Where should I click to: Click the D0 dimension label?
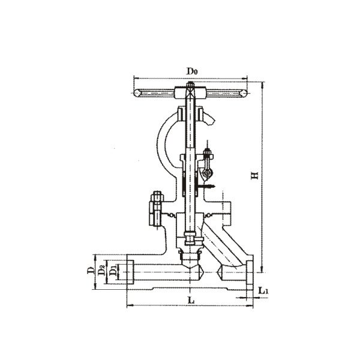192,71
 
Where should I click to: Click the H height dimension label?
254,175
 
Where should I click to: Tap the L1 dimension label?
263,290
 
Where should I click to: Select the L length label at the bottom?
191,300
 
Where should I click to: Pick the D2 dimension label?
101,270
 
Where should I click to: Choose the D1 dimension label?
113,271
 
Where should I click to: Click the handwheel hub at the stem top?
190,92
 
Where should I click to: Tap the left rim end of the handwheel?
137,93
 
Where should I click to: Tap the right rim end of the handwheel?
244,93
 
